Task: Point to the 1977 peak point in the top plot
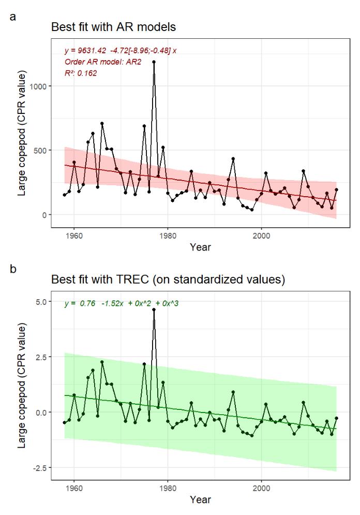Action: click(x=154, y=62)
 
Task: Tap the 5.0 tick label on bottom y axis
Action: click(x=41, y=301)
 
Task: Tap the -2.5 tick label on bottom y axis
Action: click(x=40, y=468)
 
